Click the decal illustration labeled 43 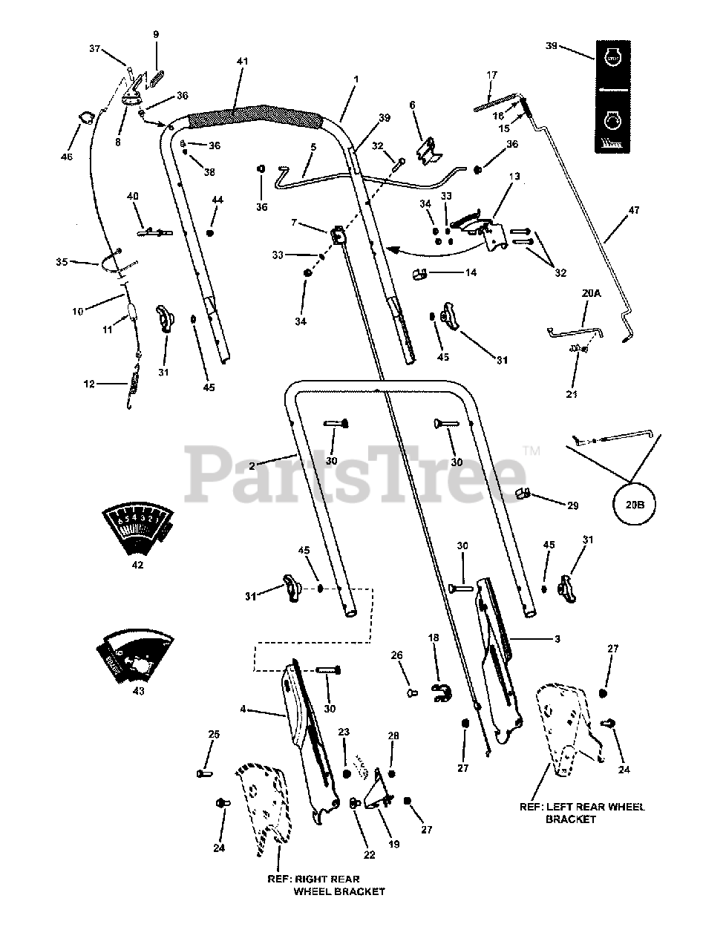(136, 654)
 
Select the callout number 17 (491, 75)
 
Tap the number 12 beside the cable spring (89, 384)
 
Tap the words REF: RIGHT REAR (310, 878)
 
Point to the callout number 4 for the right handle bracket (243, 710)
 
